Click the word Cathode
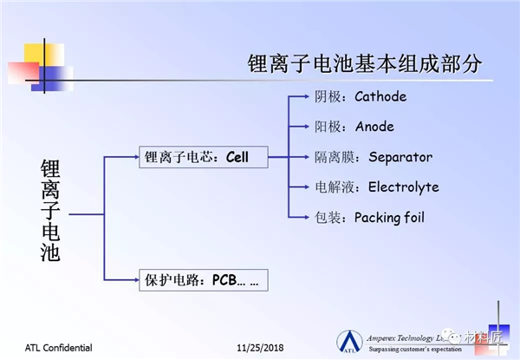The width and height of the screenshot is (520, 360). coord(380,96)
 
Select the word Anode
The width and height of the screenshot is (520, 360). coord(374,127)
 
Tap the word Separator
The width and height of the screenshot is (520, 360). coord(400,157)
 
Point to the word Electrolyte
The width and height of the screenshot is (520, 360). coord(403,187)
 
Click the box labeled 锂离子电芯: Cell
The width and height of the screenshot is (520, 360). coord(200,158)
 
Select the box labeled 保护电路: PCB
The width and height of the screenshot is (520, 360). coord(202,279)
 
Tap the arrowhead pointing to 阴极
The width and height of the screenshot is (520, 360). coord(307,96)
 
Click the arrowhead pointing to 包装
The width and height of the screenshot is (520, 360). coord(307,217)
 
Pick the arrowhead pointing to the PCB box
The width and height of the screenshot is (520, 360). coord(133,279)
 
